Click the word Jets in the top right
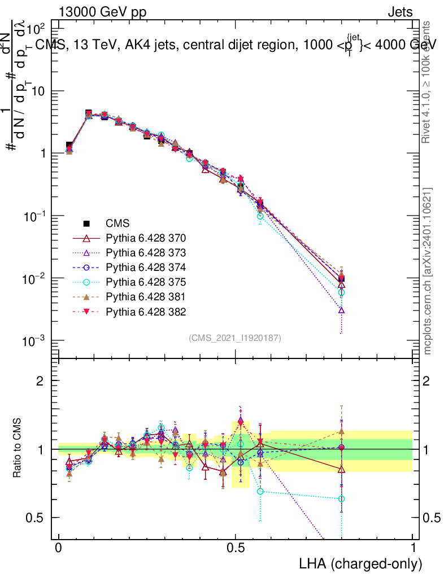[399, 12]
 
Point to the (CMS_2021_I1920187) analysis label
[235, 338]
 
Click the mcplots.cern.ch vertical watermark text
[428, 271]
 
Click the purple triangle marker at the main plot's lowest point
[342, 310]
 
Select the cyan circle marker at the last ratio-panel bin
[342, 499]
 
